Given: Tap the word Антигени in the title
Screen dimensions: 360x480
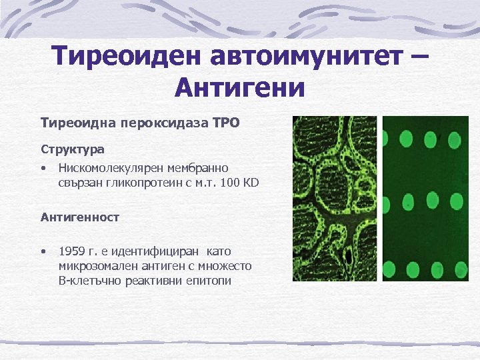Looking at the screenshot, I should click(x=239, y=87).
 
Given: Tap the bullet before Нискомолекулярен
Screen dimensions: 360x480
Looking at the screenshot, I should click(x=43, y=167).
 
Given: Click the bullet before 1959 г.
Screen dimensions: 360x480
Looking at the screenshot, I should click(x=43, y=251).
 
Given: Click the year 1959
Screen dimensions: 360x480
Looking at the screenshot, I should click(x=71, y=251).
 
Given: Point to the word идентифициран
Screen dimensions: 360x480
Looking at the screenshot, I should click(x=159, y=251).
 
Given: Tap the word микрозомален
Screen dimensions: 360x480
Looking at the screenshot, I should click(x=95, y=266).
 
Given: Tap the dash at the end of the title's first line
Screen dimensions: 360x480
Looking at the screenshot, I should click(x=420, y=59).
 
